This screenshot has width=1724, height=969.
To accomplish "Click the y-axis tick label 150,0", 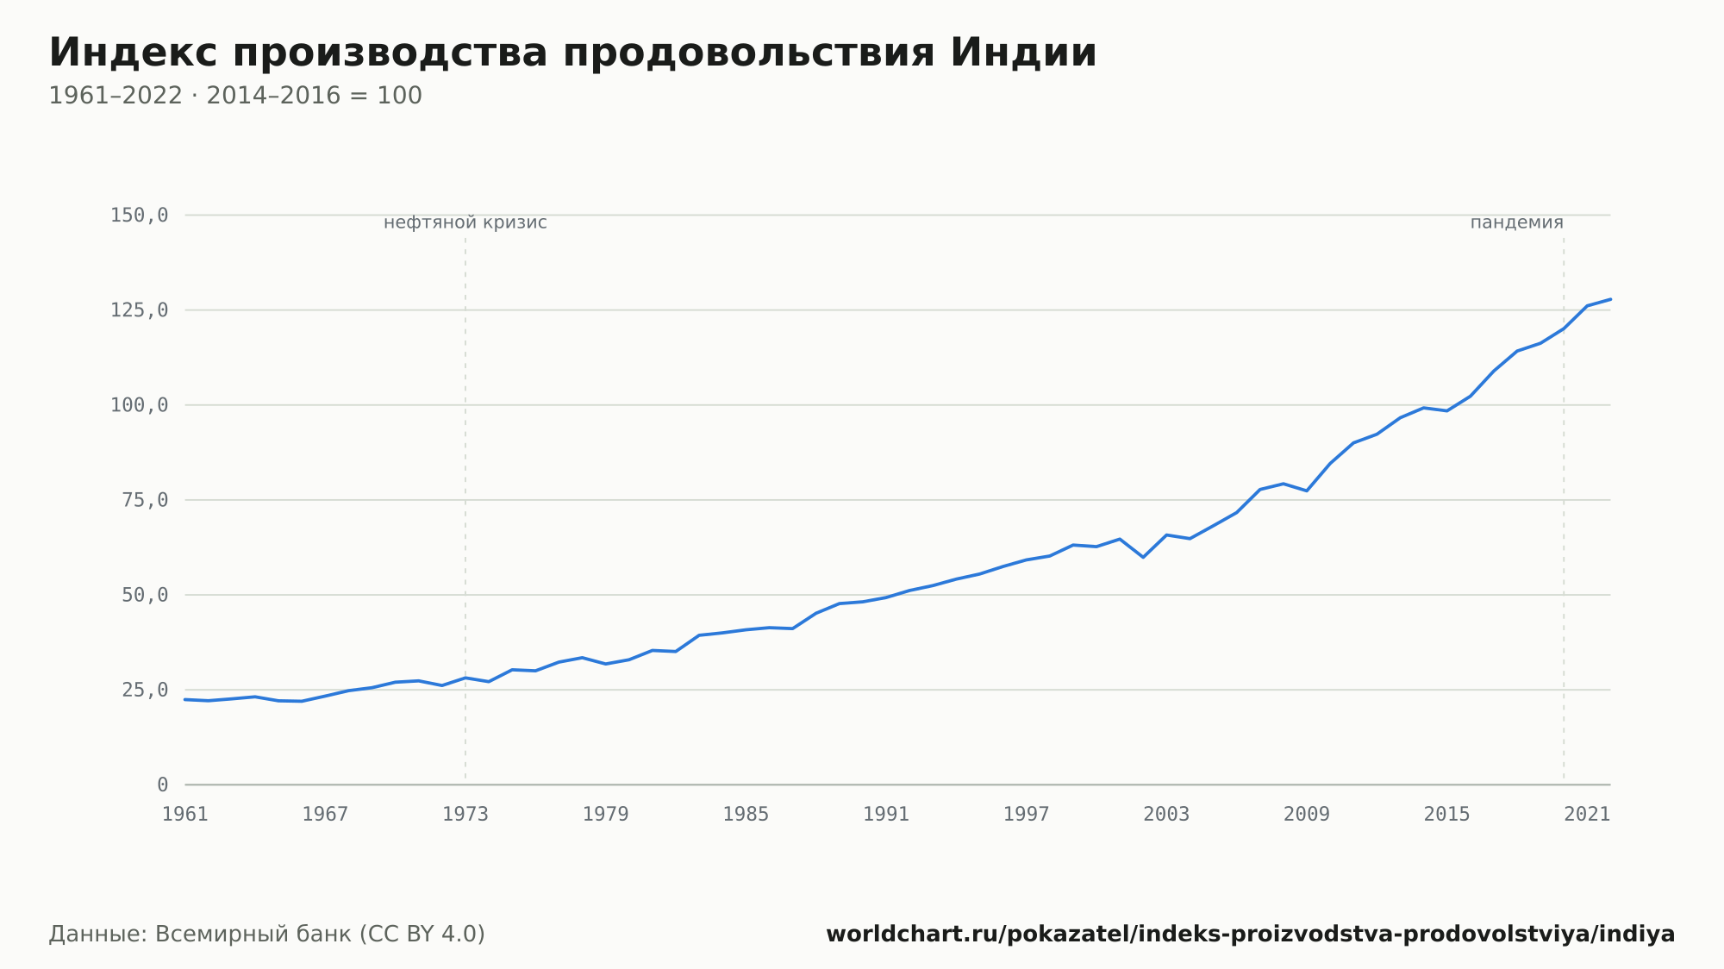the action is pos(139,216).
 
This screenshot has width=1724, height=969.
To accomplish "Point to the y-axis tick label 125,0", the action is pos(139,310).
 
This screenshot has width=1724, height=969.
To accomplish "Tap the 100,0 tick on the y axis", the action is pos(139,405).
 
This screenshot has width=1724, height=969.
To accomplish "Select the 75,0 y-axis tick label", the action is pos(145,500).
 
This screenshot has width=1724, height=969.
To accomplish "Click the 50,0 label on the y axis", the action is pos(145,595).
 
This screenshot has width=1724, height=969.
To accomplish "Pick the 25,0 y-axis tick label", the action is pos(145,690).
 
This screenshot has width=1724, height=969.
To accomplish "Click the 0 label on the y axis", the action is pos(163,785).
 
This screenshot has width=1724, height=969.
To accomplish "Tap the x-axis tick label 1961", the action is pos(185,815).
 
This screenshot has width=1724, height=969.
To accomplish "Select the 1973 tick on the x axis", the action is pos(465,815).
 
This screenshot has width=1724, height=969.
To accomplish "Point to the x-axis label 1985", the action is pos(746,815).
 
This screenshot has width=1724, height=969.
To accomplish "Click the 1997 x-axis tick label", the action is pos(1027,815).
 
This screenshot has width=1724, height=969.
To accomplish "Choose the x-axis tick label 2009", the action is pos(1307,815).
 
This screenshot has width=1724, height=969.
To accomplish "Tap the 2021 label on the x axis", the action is pos(1587,815).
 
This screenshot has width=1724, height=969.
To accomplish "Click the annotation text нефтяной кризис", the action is pos(465,222).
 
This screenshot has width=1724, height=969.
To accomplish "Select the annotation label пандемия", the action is pos(1516,222).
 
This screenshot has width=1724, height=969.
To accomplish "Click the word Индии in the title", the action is pos(1023,53).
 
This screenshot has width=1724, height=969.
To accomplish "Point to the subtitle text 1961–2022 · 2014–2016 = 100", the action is pos(235,96).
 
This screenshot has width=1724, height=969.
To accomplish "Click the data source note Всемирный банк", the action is pos(253,935).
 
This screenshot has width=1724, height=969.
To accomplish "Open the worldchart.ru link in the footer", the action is pos(1251,935).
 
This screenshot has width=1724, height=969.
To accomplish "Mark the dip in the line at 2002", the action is pos(1143,557).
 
